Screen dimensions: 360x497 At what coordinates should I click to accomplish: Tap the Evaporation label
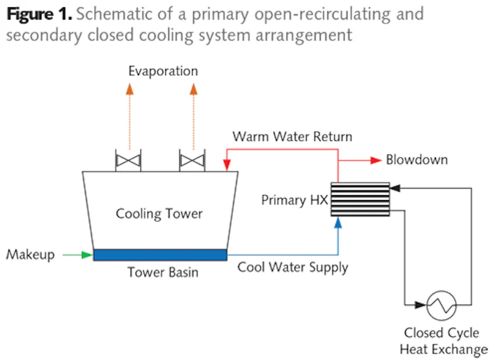[163, 71]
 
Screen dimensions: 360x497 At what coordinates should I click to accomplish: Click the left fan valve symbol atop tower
[128, 162]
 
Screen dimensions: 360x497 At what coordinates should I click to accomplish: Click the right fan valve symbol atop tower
[192, 162]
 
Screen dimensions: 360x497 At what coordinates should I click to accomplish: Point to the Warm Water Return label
[292, 136]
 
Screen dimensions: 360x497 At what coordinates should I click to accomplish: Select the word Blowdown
[417, 160]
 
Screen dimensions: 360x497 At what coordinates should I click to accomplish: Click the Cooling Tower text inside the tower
[159, 214]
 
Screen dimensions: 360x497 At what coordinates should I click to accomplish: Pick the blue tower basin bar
[160, 254]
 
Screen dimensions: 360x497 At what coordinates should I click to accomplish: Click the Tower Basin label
[162, 272]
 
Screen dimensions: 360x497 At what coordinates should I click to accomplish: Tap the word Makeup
[30, 254]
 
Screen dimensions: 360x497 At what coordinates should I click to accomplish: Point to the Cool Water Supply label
[293, 267]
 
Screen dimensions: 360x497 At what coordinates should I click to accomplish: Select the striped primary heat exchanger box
[360, 199]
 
